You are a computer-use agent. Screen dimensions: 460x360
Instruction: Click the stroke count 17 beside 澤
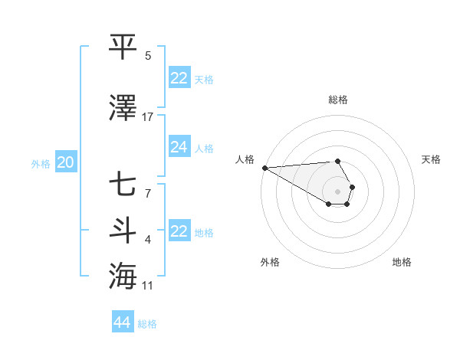148,117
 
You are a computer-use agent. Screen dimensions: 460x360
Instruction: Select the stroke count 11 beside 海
148,286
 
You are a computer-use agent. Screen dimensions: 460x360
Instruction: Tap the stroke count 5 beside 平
148,56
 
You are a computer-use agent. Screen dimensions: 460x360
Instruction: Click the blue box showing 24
179,147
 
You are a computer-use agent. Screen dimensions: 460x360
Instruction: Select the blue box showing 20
66,162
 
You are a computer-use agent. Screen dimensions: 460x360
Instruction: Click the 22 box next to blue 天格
179,78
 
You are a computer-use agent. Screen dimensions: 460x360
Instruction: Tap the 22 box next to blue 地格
179,231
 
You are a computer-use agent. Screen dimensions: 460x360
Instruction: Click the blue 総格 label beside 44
147,324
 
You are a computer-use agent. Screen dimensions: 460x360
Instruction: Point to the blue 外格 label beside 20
41,163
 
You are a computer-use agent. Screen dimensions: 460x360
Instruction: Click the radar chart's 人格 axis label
245,159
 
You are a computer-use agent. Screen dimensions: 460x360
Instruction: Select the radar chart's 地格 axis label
402,262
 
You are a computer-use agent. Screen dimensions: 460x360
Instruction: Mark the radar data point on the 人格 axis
264,168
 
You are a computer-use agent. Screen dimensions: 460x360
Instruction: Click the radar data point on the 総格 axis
337,161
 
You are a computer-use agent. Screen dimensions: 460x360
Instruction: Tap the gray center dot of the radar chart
337,191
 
